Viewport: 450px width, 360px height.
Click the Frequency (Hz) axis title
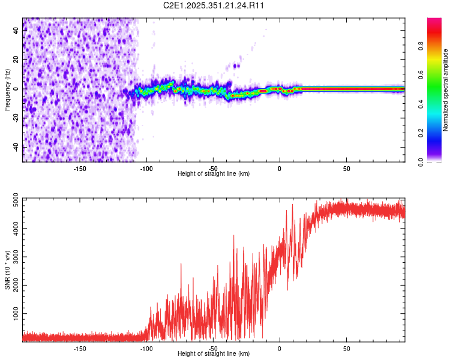pos(7,90)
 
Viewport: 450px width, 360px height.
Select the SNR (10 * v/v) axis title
pos(7,271)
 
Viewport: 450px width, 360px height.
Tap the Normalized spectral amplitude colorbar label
pos(446,90)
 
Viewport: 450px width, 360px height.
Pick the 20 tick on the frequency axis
pos(16,60)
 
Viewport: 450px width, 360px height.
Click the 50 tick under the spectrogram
pos(347,169)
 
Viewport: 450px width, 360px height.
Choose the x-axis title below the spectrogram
pos(214,174)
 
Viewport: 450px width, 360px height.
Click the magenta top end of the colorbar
pos(435,21)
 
